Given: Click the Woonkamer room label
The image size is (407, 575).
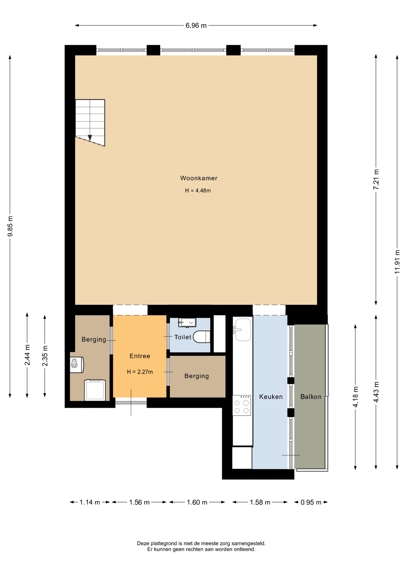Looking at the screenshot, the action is tap(199, 178).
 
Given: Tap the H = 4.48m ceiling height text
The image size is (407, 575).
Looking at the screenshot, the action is tap(198, 190).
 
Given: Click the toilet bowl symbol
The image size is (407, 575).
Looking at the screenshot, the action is tap(202, 337).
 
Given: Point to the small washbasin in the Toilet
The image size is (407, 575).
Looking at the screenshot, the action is tap(187, 323).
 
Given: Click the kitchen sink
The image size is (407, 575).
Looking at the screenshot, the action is tap(243, 329).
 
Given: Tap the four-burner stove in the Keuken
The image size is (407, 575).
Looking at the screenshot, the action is tap(242, 405).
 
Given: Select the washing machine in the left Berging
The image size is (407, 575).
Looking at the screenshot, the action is tap(95, 390).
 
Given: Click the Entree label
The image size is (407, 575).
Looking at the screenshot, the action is tap(140, 356).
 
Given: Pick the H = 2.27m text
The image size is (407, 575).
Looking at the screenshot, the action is tap(140, 372).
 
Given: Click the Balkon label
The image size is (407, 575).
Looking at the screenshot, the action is tap(311, 397).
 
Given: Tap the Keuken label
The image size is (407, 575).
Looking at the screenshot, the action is tap(271, 397).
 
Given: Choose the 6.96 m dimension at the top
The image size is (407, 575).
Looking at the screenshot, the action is tap(196, 25).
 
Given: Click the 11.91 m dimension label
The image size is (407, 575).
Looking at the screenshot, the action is tap(397, 261).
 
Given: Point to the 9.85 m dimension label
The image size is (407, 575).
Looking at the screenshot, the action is tap(10, 226).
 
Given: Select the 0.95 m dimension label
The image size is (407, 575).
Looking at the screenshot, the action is tap(311, 502).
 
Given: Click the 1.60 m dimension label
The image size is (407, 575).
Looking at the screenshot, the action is tap(197, 502).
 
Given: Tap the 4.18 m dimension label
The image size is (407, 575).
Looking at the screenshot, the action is tap(355, 397).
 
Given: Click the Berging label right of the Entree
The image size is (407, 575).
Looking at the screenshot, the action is tap(197, 376).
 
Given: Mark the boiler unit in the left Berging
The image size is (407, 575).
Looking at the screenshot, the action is tap(76, 364).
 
